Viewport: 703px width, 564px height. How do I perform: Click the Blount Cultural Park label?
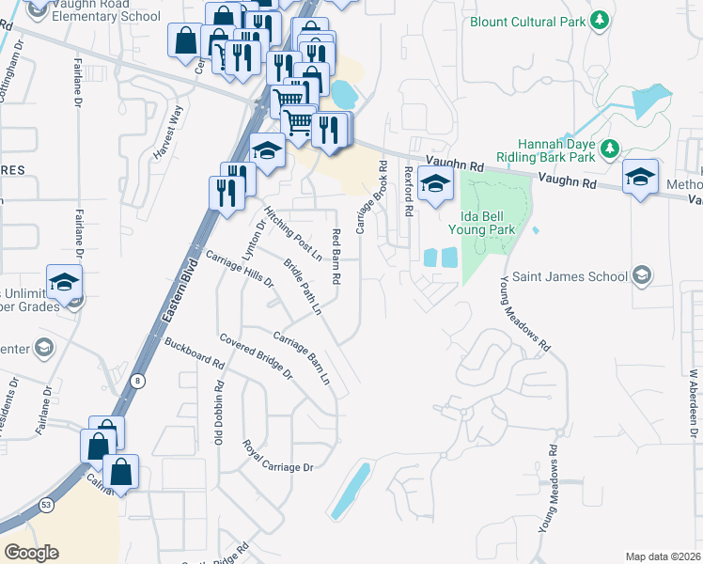point(526,20)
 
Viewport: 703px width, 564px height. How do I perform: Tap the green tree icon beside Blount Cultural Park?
point(599,20)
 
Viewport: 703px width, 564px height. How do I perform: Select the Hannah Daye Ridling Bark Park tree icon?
point(610,148)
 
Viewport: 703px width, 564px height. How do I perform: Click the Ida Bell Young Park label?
point(482,222)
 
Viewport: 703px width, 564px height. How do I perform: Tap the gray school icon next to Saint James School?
point(642,275)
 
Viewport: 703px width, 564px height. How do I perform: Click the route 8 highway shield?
point(138,380)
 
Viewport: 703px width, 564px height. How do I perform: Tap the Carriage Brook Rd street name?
point(370,196)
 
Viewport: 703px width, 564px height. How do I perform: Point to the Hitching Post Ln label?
point(292,233)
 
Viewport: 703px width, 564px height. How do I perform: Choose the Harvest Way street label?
point(173,123)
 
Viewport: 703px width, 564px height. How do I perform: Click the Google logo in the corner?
point(31,552)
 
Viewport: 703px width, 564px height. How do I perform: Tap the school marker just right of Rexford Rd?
point(435,185)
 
